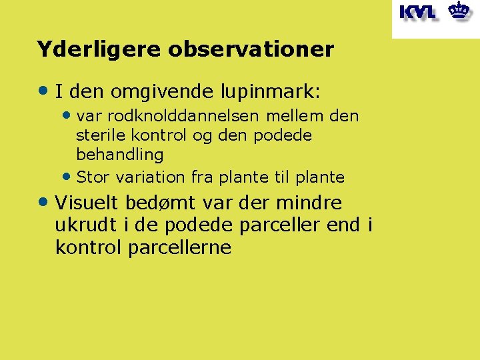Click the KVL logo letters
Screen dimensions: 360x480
417,12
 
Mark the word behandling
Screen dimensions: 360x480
120,155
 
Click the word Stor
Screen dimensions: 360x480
92,177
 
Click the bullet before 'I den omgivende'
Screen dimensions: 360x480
44,89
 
